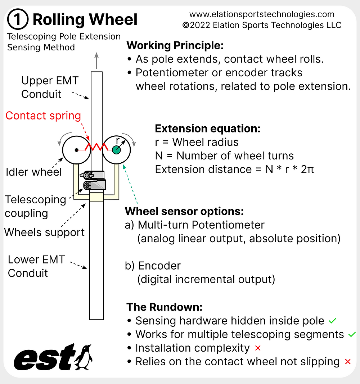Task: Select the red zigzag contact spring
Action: click(96, 147)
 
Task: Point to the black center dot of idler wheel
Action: click(76, 150)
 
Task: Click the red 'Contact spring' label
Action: click(43, 116)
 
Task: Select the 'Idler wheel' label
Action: click(34, 172)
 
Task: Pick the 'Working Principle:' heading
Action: click(175, 46)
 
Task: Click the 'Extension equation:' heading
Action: click(207, 128)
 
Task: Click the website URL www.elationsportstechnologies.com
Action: click(262, 15)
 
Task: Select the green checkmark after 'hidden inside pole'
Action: click(332, 320)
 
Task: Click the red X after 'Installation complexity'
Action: click(257, 348)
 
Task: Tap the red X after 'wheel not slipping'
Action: click(347, 362)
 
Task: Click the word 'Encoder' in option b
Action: click(159, 266)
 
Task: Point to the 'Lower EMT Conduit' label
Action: click(36, 266)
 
